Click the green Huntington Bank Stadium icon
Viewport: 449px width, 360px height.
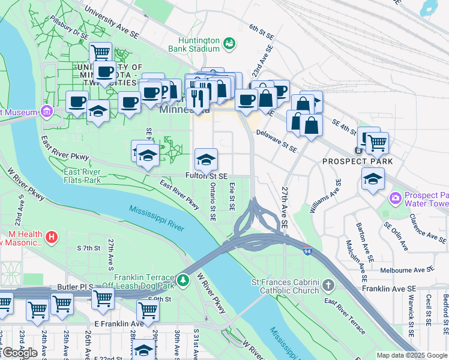tap(229, 43)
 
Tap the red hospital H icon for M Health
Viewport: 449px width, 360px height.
tap(52, 238)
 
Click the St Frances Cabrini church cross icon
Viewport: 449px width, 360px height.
tap(328, 284)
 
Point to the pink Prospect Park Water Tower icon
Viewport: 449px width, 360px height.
tap(395, 197)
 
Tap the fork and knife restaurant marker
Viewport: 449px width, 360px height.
tap(197, 97)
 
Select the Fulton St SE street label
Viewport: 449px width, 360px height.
tap(206, 176)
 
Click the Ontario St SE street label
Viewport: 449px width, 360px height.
tap(212, 202)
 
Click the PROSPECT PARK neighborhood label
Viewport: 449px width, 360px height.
tap(358, 161)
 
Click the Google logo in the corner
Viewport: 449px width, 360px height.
tap(19, 352)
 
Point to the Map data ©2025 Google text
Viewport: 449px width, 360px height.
tap(412, 355)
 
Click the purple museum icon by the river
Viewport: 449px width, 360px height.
tap(46, 112)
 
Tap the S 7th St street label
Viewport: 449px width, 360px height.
tap(88, 248)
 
